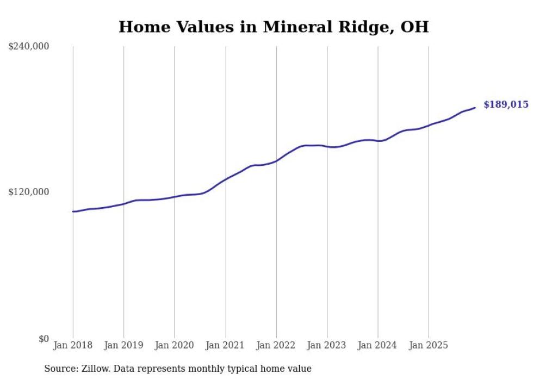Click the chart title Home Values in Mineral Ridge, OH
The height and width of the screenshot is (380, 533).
[274, 27]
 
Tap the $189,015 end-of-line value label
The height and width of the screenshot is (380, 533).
[505, 104]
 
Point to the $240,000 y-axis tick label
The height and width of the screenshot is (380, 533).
[29, 47]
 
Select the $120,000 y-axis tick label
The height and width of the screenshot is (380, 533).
[29, 192]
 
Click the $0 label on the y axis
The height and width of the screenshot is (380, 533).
[44, 339]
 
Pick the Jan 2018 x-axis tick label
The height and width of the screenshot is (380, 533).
[73, 345]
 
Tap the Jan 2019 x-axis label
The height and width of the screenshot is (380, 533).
[123, 345]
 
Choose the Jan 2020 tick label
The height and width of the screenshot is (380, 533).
[175, 345]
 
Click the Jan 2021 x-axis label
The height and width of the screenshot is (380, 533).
[225, 345]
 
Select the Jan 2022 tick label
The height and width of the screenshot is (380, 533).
[276, 345]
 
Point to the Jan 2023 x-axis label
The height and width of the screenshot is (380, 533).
[327, 345]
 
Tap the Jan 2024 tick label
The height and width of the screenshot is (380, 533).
[378, 345]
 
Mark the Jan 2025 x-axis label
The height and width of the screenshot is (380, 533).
[429, 345]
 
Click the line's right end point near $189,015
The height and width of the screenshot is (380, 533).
[475, 108]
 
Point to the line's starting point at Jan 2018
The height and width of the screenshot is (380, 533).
[73, 211]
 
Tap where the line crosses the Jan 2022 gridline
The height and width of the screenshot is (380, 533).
[276, 160]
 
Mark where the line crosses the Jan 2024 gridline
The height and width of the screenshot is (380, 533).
[378, 141]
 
